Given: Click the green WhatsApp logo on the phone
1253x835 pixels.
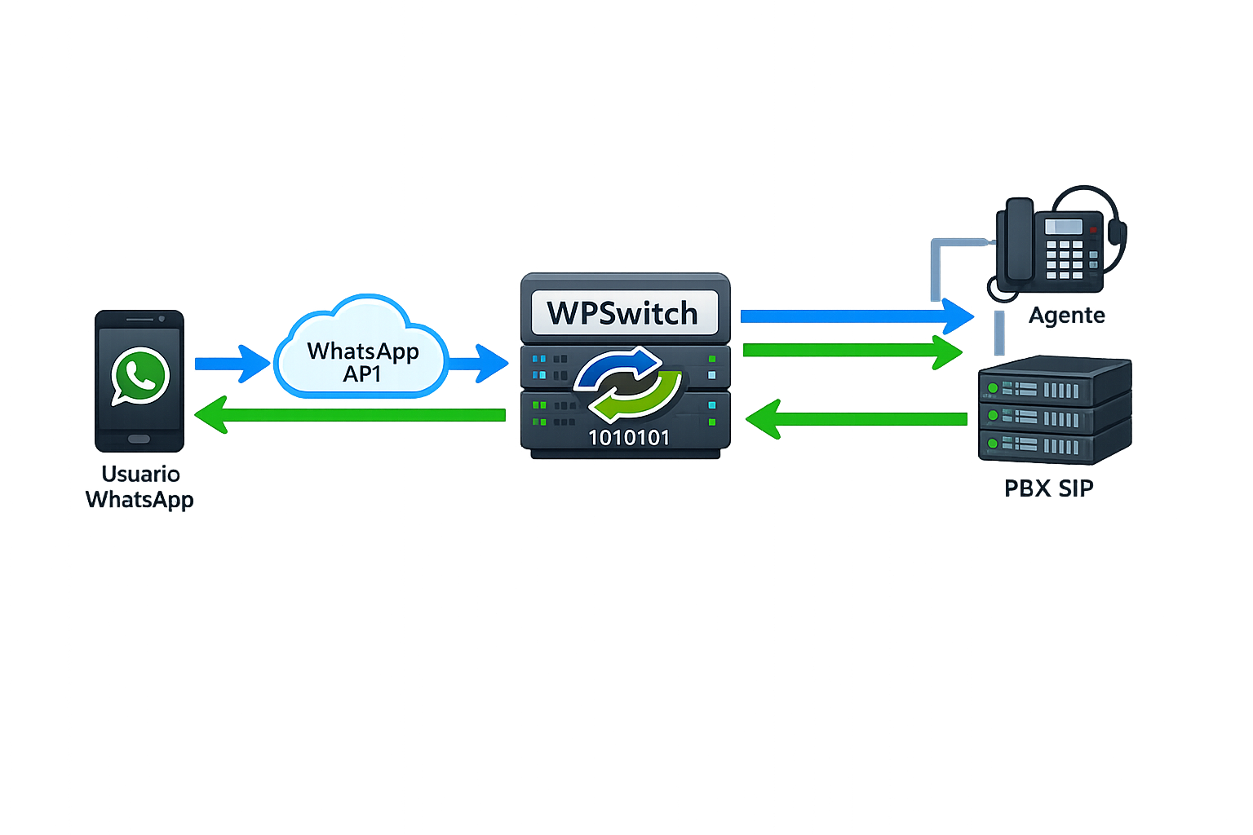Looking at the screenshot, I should point(140,376).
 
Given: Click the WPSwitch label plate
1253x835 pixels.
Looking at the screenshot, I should point(624,313).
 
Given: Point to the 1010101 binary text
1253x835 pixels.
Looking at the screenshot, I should point(628,438).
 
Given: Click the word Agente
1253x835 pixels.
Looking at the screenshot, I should point(1066,316).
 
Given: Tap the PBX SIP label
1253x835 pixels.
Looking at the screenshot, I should point(1048,488).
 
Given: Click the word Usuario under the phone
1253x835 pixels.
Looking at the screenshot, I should point(140,474).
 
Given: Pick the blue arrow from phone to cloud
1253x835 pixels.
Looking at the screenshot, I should point(232,364).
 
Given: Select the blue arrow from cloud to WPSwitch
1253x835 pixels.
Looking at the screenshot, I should point(478,364).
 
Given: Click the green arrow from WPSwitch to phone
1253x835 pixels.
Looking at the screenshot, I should point(351,415).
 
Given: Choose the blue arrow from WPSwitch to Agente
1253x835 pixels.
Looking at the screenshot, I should point(857,316).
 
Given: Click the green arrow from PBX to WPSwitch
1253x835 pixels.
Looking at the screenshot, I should point(857,419).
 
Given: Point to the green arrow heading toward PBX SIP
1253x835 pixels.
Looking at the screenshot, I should point(852,351).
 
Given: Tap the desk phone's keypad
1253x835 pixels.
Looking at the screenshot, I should point(1064,259).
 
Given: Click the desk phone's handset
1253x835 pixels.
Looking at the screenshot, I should point(1019,241).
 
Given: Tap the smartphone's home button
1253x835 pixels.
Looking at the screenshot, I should point(139,440).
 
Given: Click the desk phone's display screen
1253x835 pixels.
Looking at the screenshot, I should point(1064,226).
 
